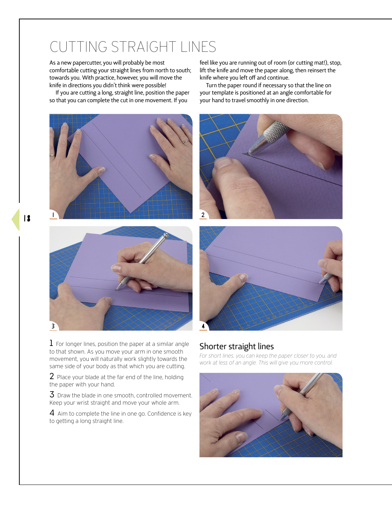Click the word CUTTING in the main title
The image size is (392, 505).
point(78,47)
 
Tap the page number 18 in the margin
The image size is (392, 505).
point(27,218)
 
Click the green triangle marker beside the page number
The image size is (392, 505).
point(15,220)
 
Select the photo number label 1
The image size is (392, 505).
point(53,215)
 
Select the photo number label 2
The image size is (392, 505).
point(203,215)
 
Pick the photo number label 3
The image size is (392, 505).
point(53,326)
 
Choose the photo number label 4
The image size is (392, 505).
point(203,326)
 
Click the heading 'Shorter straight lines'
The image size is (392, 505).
point(237,346)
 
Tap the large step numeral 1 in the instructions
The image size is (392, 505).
point(51,343)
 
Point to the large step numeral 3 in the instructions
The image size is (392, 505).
point(52,394)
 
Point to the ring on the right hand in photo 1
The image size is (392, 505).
point(186,142)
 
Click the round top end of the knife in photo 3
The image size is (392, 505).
point(166,235)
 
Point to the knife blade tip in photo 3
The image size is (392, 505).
point(116,290)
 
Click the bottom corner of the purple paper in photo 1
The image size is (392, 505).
point(131,213)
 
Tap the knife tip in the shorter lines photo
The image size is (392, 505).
point(279,420)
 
